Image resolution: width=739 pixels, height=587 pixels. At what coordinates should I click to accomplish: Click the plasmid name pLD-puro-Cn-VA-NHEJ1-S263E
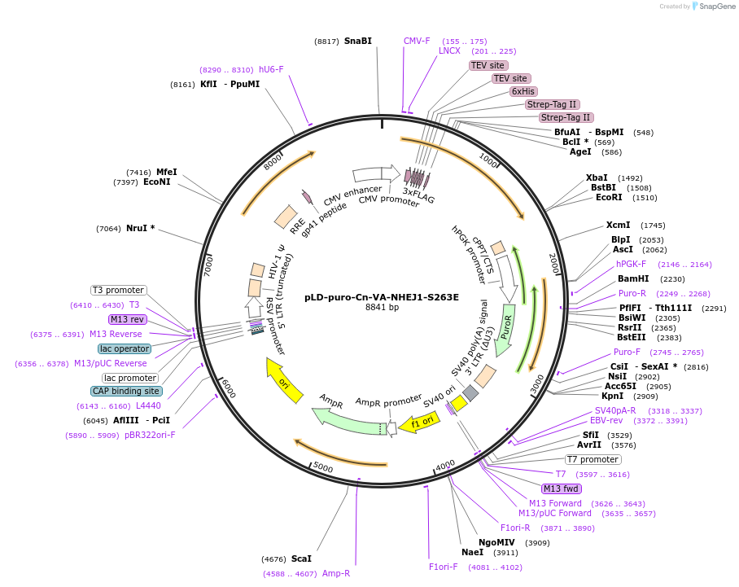tap(381, 297)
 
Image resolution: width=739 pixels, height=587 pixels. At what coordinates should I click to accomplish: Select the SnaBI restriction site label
tap(357, 41)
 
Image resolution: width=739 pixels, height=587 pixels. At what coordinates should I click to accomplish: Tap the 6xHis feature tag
tap(523, 91)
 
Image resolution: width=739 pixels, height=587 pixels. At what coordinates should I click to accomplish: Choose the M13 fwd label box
tap(561, 488)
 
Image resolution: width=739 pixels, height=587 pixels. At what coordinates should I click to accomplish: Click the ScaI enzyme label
tap(301, 559)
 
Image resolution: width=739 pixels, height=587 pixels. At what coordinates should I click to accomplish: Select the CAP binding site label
tap(126, 392)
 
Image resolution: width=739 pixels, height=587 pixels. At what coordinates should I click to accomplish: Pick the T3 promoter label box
tap(118, 290)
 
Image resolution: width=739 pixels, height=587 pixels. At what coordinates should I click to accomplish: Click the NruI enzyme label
tap(140, 228)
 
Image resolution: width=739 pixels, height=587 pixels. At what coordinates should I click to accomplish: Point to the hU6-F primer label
tap(271, 69)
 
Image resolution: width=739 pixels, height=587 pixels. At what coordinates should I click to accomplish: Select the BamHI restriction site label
tap(633, 278)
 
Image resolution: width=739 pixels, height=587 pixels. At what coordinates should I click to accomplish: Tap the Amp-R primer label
tap(335, 573)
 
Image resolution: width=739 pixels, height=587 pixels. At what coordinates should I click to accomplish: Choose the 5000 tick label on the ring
tap(323, 468)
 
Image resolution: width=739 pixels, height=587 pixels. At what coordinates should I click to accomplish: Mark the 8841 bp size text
tap(382, 308)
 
